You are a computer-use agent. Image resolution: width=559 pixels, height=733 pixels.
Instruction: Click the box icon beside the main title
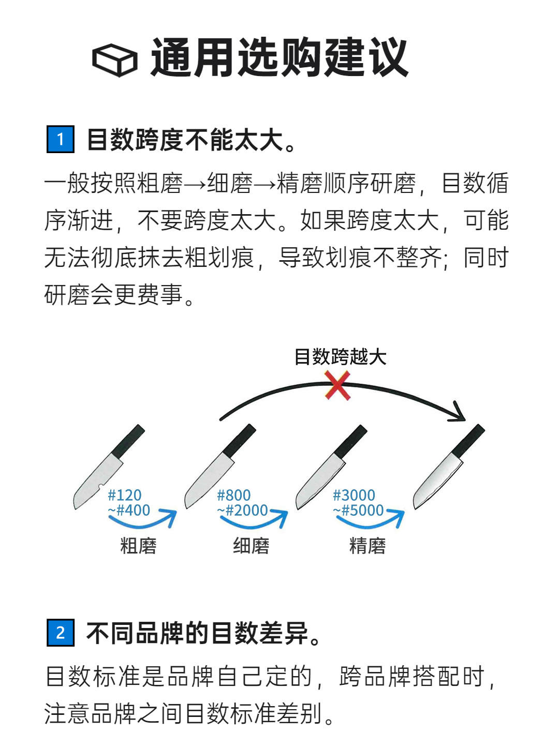[114, 60]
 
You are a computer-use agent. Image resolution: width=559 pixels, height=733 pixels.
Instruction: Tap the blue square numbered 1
[61, 139]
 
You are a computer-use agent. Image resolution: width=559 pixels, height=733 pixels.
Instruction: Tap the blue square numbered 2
[61, 633]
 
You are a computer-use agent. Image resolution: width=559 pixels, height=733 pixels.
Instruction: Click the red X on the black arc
[337, 385]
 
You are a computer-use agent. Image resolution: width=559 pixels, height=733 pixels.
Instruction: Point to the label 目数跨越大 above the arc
[340, 356]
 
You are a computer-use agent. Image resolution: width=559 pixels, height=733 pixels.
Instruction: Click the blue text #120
[125, 495]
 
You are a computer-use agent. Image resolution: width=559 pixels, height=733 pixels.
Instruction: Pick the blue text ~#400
[129, 510]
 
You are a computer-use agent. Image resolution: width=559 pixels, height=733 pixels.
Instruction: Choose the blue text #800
[233, 495]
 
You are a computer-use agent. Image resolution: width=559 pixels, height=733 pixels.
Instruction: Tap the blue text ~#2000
[242, 510]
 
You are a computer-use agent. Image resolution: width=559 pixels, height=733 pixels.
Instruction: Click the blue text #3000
[354, 495]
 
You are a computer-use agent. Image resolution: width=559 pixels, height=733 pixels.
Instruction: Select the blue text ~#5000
[358, 510]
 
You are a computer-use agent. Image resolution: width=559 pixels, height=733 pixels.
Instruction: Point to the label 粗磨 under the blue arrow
[138, 546]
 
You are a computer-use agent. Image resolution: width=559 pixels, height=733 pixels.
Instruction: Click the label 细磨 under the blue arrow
[251, 546]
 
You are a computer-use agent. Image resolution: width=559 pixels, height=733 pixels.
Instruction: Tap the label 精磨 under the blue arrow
[367, 546]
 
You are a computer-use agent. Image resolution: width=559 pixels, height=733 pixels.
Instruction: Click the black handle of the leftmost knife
[128, 441]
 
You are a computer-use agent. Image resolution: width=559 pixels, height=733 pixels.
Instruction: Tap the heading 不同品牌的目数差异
[203, 633]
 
